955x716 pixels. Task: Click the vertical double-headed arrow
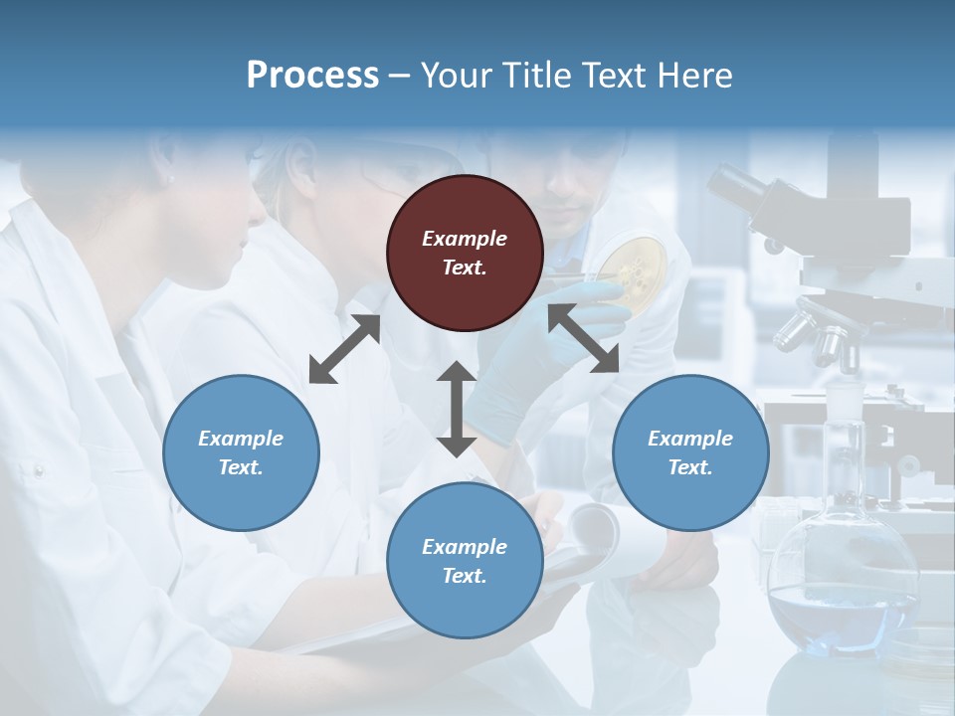pyautogui.click(x=457, y=409)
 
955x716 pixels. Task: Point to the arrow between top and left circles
pyautogui.click(x=344, y=349)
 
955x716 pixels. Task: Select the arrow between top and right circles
pyautogui.click(x=584, y=338)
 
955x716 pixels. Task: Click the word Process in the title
pyautogui.click(x=312, y=76)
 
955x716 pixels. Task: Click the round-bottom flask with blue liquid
pyautogui.click(x=844, y=587)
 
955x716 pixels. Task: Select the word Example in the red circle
pyautogui.click(x=465, y=239)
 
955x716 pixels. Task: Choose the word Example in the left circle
pyautogui.click(x=241, y=439)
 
